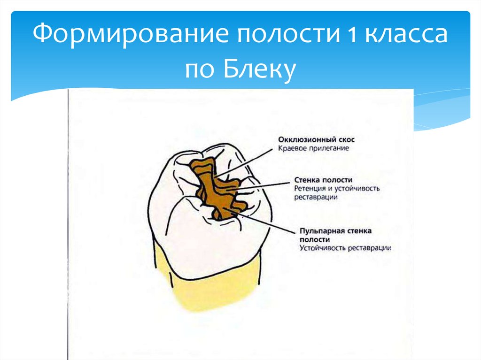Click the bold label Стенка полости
pos(324,180)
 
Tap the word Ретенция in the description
pos(310,189)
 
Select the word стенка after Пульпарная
pos(359,231)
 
